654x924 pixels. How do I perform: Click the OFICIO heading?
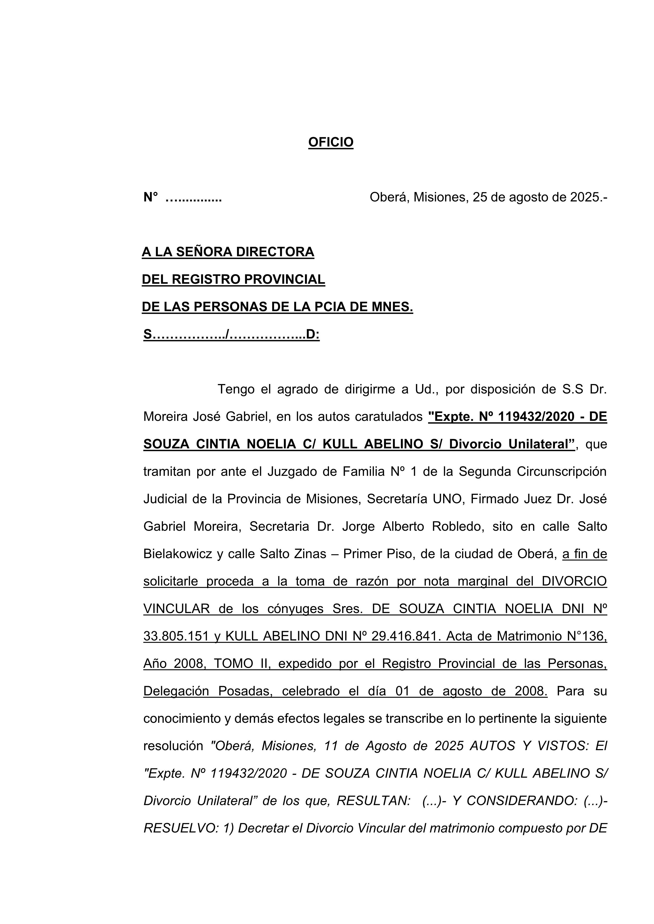(331, 142)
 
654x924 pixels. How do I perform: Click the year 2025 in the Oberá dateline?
(584, 197)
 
